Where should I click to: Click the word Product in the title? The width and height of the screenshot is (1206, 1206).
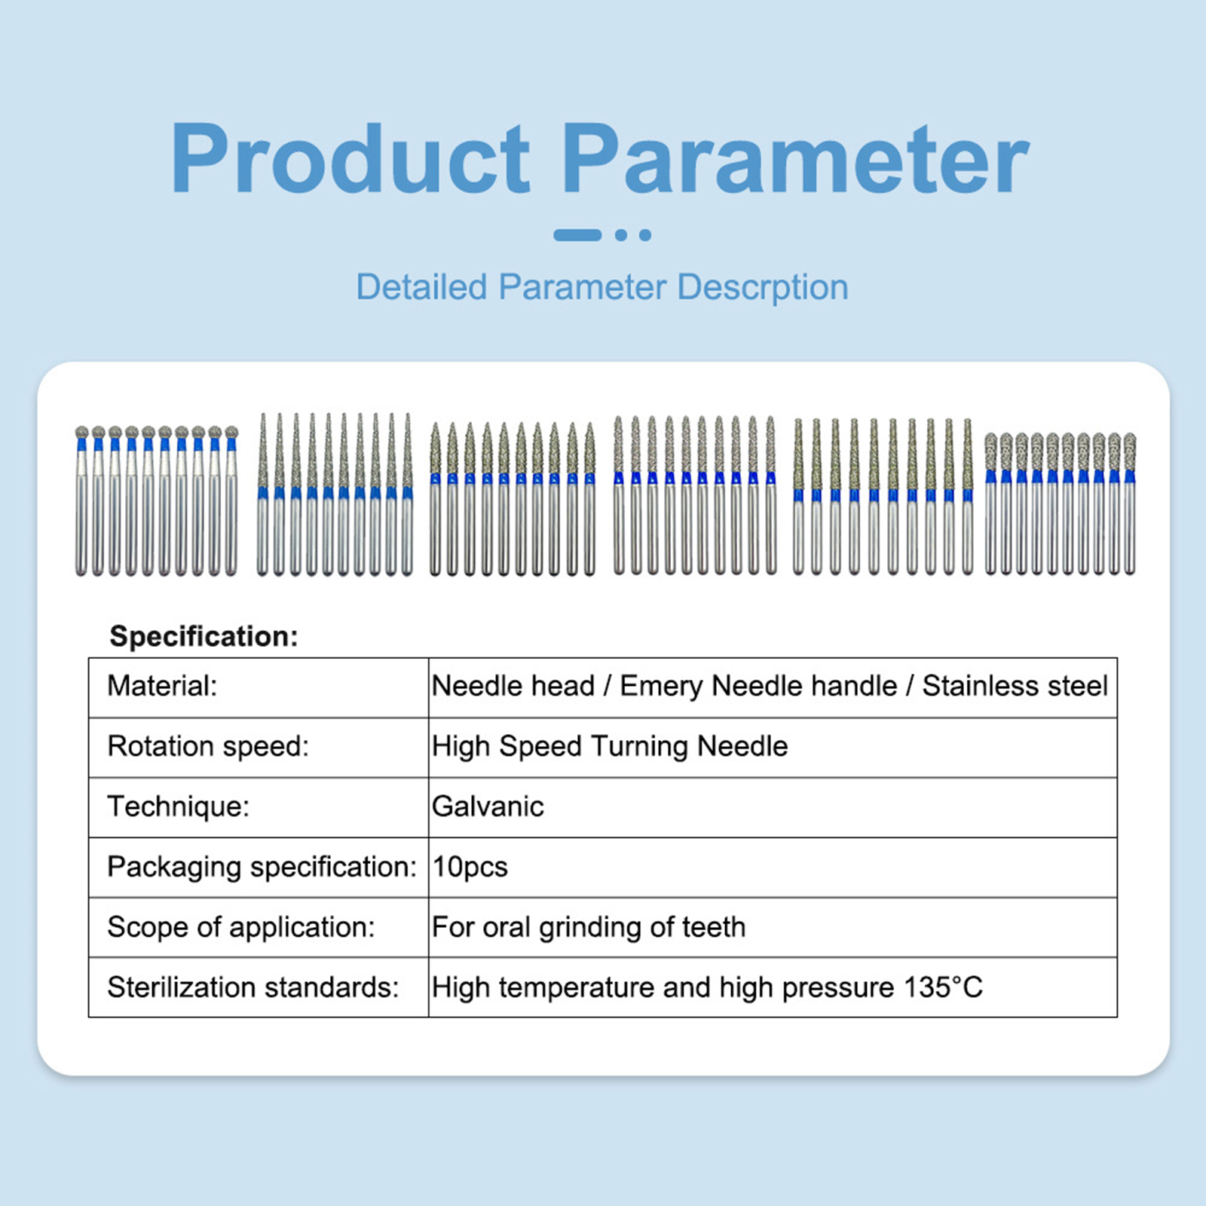pos(350,158)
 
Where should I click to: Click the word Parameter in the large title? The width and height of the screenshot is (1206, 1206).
pos(796,158)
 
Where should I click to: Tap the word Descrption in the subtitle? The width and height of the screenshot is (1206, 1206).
pos(763,288)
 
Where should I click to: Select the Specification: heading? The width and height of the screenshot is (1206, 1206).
pos(204,637)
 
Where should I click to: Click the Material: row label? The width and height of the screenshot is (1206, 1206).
pos(162,686)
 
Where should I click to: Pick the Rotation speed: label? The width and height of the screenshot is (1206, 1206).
pos(208,747)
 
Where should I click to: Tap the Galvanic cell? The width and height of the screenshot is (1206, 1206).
pos(488,807)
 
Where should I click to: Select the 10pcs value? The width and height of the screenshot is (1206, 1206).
pos(470,868)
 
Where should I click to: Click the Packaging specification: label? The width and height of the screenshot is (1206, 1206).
pos(262,868)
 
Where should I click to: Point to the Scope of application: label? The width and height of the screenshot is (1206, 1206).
pos(241,927)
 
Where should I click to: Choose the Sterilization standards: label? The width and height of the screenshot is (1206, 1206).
pos(253,987)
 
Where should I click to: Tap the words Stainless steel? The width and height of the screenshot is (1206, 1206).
pos(1015,686)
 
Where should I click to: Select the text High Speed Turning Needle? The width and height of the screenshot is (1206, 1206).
pos(610,747)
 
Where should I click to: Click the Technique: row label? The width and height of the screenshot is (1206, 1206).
pos(178,807)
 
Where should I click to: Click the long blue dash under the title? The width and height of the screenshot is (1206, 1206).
pos(577,235)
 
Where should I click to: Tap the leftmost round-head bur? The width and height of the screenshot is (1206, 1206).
pos(81,500)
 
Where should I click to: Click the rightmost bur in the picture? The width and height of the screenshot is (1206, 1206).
pos(1129,504)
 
